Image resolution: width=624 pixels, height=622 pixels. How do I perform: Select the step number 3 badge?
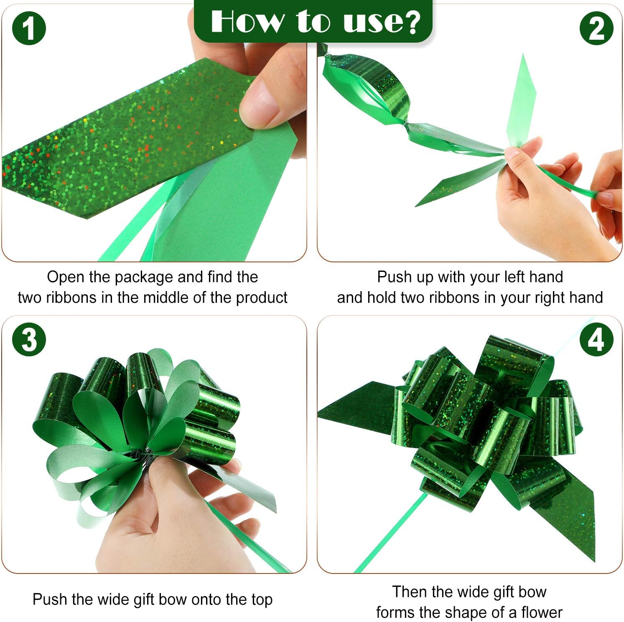click(29, 339)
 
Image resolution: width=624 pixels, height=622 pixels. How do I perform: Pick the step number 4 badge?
click(596, 339)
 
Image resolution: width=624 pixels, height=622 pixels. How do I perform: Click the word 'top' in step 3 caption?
click(262, 600)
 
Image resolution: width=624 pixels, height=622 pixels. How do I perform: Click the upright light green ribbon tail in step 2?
click(522, 100)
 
